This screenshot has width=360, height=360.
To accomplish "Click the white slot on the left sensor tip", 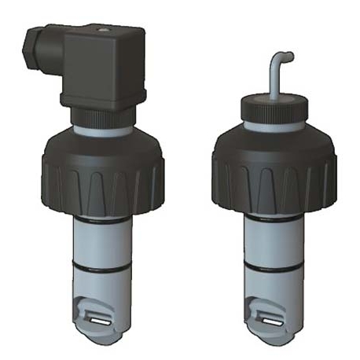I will point(98,318).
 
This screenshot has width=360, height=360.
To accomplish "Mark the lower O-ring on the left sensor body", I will point(100,266).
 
